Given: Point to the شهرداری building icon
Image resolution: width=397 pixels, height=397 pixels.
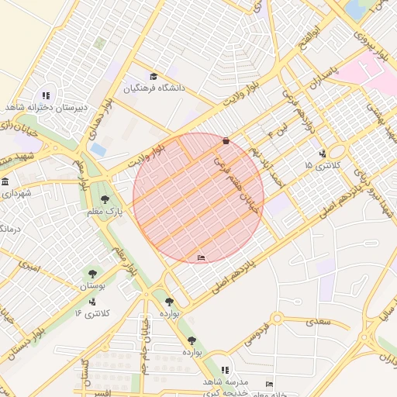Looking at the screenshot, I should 5,182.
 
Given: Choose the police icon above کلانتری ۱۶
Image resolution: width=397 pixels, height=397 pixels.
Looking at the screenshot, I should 93,302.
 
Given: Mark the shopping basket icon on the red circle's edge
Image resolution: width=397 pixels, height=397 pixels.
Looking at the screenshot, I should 226,141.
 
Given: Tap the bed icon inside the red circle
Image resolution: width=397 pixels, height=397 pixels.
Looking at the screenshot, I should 202,257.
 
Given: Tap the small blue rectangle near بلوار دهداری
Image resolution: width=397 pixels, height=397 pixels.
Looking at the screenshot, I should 98,148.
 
